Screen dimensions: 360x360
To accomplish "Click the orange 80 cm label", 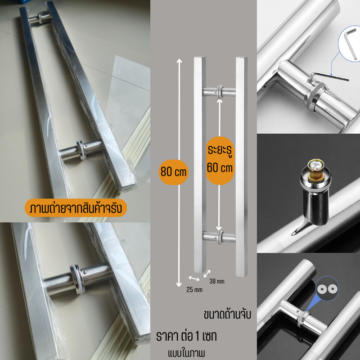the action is pyautogui.click(x=173, y=172).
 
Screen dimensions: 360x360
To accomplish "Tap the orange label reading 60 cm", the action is pyautogui.click(x=220, y=161).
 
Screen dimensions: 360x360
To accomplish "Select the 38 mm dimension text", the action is pyautogui.click(x=217, y=281).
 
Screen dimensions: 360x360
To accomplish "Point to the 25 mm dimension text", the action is pyautogui.click(x=194, y=290).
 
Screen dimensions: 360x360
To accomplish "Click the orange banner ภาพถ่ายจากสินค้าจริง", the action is pyautogui.click(x=76, y=208).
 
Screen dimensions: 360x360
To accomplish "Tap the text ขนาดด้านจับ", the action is pyautogui.click(x=227, y=314).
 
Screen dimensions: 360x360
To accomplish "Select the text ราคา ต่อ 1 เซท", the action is pyautogui.click(x=186, y=337).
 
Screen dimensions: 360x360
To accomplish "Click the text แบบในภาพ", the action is pyautogui.click(x=186, y=353).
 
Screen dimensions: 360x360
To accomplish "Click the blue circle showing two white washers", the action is pyautogui.click(x=328, y=288).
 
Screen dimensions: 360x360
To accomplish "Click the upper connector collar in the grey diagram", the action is pyautogui.click(x=220, y=92).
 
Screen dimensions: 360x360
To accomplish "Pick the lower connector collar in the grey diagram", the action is pyautogui.click(x=220, y=237).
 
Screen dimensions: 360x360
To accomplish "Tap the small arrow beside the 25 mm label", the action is pyautogui.click(x=194, y=279).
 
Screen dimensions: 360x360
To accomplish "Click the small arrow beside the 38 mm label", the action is pyautogui.click(x=207, y=274).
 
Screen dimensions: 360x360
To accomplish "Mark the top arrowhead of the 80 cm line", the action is pyautogui.click(x=179, y=61).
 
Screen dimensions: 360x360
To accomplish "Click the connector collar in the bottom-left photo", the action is pyautogui.click(x=77, y=279).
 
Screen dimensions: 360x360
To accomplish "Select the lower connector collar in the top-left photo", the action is pyautogui.click(x=81, y=150).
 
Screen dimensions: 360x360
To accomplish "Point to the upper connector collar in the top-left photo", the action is pyautogui.click(x=40, y=18).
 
